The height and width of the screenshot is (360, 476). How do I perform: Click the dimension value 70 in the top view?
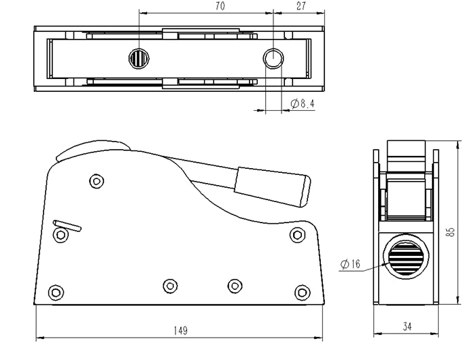[220, 6]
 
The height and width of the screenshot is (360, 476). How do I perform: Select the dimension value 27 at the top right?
[301, 6]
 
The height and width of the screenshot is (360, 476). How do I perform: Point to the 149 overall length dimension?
[180, 331]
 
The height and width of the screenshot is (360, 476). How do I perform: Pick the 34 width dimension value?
[407, 327]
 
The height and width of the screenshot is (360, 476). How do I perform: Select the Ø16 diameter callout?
[350, 264]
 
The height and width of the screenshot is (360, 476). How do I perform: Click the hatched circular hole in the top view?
[138, 59]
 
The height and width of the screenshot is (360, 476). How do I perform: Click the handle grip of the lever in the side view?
[273, 186]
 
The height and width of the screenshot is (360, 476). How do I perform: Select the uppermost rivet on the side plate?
[97, 181]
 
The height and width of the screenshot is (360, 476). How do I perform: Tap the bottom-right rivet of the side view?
[301, 293]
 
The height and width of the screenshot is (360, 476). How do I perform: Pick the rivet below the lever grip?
[296, 235]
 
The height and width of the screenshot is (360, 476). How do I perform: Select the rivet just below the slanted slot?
[61, 235]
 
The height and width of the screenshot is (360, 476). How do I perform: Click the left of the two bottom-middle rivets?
[170, 285]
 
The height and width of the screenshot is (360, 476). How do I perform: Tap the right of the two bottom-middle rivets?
[235, 285]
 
